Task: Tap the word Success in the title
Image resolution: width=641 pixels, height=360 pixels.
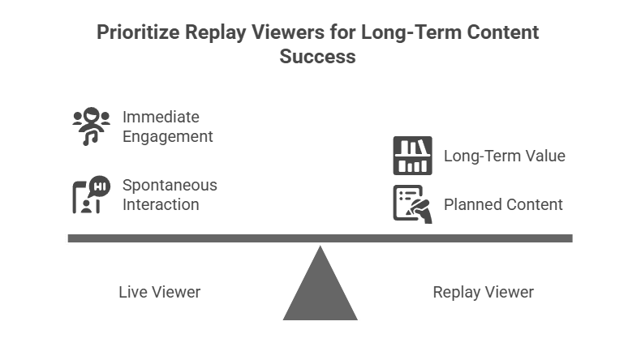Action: [318, 57]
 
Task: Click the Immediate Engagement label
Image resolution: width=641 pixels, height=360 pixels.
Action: [167, 126]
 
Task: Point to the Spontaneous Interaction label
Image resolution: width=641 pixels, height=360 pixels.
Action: [170, 195]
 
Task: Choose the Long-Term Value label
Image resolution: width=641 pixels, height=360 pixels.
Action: [504, 156]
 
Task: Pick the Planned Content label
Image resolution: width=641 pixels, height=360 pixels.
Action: [502, 204]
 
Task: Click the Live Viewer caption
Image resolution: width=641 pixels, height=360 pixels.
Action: [159, 292]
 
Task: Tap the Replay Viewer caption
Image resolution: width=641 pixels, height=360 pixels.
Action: [483, 292]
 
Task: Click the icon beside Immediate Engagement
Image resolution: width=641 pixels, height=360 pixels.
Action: [91, 126]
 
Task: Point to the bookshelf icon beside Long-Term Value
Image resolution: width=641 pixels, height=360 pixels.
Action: [412, 156]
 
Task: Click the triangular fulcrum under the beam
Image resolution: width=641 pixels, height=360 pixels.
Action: [320, 292]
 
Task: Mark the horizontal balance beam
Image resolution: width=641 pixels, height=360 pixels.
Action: [320, 238]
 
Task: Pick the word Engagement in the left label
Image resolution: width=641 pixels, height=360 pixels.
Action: [168, 136]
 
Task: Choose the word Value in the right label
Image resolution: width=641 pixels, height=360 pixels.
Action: [544, 156]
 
